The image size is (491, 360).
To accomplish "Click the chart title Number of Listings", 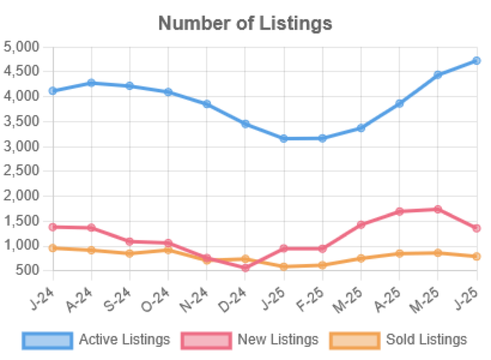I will point(245,23).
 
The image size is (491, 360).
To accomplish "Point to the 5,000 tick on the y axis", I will point(21,46).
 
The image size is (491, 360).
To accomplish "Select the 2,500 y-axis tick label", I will point(21,170).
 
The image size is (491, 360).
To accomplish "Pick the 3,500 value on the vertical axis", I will point(21,120).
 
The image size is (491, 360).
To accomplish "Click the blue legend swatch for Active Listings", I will point(47,340).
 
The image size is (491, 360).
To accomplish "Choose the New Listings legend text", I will point(278,340).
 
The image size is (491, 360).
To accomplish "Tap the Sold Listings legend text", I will point(426,340).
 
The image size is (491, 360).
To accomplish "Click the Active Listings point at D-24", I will point(245,123).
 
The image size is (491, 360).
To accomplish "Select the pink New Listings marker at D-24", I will point(245,268).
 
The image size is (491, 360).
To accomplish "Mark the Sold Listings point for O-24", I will point(168,250).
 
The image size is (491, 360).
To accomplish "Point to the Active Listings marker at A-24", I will point(91,82).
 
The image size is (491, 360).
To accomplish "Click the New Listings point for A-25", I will point(399,211).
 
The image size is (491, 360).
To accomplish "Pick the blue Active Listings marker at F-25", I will point(322,138).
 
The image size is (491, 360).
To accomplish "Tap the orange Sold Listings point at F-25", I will point(322,265).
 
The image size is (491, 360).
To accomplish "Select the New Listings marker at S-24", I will point(129,241).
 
